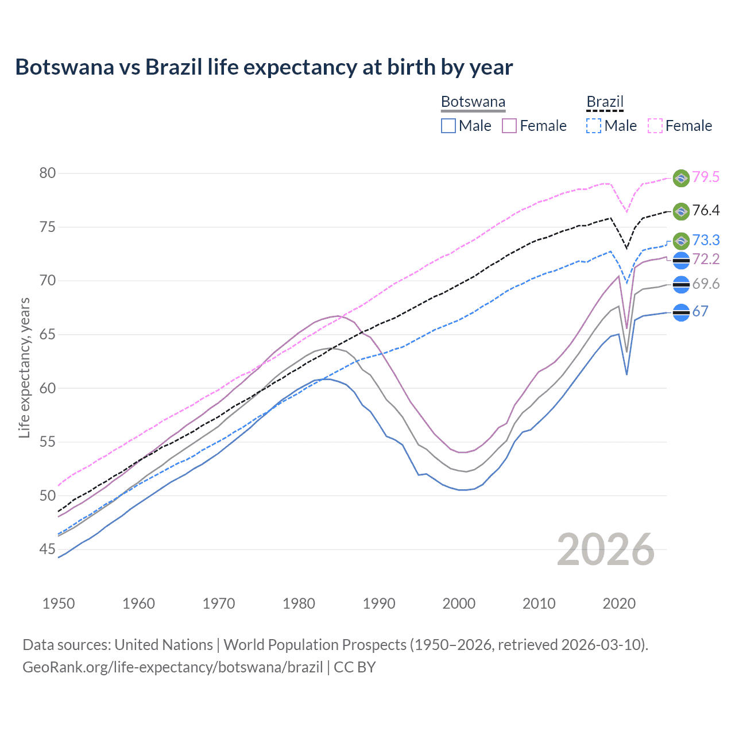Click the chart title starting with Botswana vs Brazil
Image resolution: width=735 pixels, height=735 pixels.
tap(264, 67)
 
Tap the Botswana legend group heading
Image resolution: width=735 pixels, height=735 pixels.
tap(473, 102)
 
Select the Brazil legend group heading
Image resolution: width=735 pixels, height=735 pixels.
tap(605, 102)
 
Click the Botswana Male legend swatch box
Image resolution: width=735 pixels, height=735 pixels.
tap(448, 126)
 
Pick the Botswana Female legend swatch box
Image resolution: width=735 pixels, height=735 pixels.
tap(509, 126)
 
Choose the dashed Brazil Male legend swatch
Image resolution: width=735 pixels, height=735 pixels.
tap(594, 126)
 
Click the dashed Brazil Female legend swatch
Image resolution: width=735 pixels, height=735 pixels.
tap(655, 126)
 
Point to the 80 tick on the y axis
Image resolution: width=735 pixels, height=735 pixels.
tap(48, 173)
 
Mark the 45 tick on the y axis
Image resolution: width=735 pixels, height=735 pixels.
tap(48, 550)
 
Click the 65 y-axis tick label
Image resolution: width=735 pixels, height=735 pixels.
tap(48, 334)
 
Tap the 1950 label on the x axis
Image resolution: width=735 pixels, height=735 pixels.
tap(59, 604)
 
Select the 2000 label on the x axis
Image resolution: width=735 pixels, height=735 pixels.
tap(459, 604)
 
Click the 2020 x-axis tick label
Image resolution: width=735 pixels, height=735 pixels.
tap(619, 604)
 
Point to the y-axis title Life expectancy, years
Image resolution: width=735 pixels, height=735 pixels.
tap(24, 367)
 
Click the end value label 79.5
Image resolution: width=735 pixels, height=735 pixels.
tap(706, 177)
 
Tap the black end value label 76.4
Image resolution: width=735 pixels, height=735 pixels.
tap(706, 210)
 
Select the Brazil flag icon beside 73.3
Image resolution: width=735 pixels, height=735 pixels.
tap(681, 241)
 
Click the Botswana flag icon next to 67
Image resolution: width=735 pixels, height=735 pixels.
tap(681, 312)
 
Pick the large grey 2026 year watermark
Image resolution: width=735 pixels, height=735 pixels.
tap(606, 550)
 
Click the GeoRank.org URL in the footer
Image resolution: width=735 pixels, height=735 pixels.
tap(172, 667)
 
